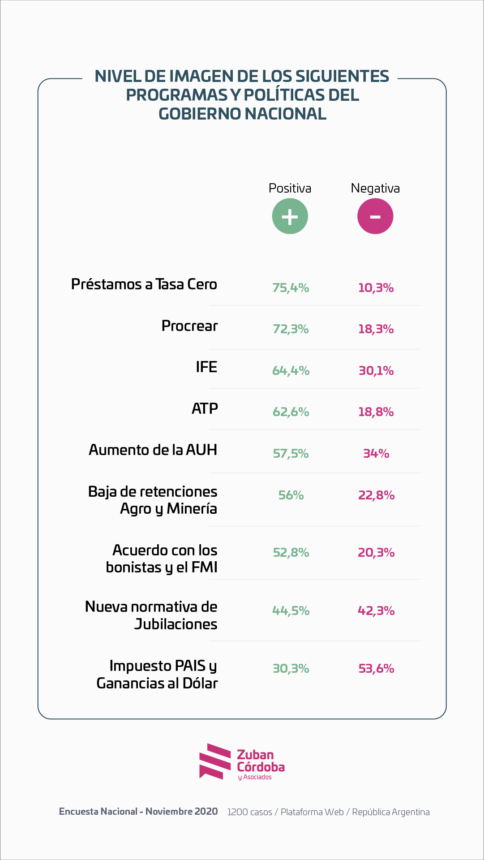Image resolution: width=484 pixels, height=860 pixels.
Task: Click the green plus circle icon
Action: (290, 216)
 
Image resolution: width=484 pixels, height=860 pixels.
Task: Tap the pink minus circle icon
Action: (375, 216)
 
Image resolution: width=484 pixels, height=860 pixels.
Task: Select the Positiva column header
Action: (290, 188)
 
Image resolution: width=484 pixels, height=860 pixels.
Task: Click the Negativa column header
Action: (375, 189)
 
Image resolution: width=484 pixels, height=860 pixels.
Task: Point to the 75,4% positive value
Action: (291, 288)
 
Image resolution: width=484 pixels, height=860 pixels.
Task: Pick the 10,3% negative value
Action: (376, 288)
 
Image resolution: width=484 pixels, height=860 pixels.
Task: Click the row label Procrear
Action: (189, 326)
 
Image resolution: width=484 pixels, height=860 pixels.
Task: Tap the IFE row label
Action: (206, 367)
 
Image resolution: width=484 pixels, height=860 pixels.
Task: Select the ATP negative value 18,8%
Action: (376, 412)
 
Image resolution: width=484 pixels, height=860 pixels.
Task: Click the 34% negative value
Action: (376, 453)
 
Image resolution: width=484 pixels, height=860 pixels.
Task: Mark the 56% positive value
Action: (291, 495)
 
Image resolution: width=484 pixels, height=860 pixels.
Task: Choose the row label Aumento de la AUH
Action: (153, 450)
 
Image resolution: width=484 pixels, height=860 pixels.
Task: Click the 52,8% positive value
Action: (291, 552)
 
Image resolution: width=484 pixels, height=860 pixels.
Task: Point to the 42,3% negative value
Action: (376, 611)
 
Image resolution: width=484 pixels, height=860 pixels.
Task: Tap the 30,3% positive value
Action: (291, 668)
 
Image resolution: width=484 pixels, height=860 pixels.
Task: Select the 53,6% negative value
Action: (376, 668)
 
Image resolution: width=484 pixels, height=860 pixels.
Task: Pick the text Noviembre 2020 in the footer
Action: (182, 811)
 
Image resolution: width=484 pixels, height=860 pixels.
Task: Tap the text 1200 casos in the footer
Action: (249, 812)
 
